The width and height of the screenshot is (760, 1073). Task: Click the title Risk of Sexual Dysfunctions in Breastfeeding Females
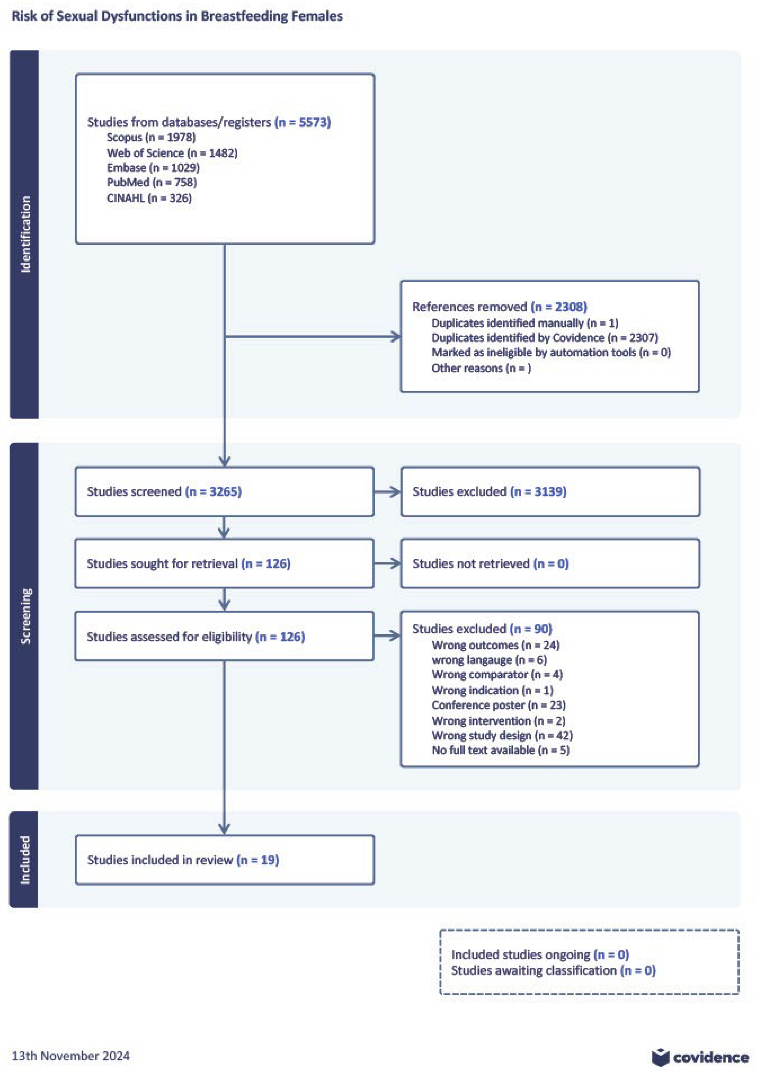pyautogui.click(x=177, y=16)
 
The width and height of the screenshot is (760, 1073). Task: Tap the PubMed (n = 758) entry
pyautogui.click(x=152, y=183)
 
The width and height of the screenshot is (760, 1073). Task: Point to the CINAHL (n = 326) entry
pyautogui.click(x=149, y=198)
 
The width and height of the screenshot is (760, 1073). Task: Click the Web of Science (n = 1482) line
pyautogui.click(x=172, y=153)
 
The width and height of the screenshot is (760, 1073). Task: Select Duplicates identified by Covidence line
pyautogui.click(x=544, y=338)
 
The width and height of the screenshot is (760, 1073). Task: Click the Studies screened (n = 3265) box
pyautogui.click(x=224, y=492)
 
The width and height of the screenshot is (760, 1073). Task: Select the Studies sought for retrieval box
pyautogui.click(x=224, y=564)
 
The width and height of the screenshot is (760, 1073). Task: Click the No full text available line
pyautogui.click(x=500, y=750)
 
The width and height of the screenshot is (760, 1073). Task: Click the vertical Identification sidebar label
pyautogui.click(x=25, y=234)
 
